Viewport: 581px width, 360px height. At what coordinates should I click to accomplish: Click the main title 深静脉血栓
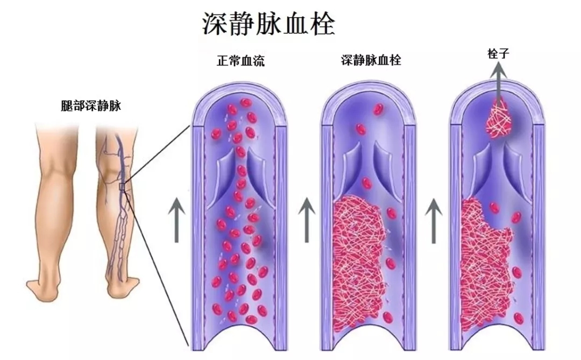click(268, 24)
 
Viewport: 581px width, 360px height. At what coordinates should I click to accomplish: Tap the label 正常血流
click(237, 61)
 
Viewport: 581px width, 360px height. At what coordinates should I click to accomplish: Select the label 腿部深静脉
click(91, 106)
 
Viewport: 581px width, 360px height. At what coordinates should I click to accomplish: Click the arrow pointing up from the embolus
click(499, 81)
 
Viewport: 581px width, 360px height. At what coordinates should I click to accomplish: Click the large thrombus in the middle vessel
click(358, 258)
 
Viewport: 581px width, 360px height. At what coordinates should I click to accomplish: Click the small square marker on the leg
click(122, 187)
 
